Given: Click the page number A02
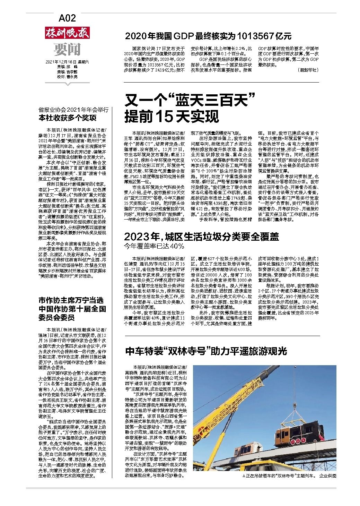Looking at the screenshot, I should pos(67,18).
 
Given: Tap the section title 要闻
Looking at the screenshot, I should pos(67,50).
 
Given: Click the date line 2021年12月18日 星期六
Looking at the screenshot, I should pos(67,62).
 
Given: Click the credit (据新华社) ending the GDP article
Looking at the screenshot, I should pos(307,70).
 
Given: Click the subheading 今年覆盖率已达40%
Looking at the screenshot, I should pos(154,246).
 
